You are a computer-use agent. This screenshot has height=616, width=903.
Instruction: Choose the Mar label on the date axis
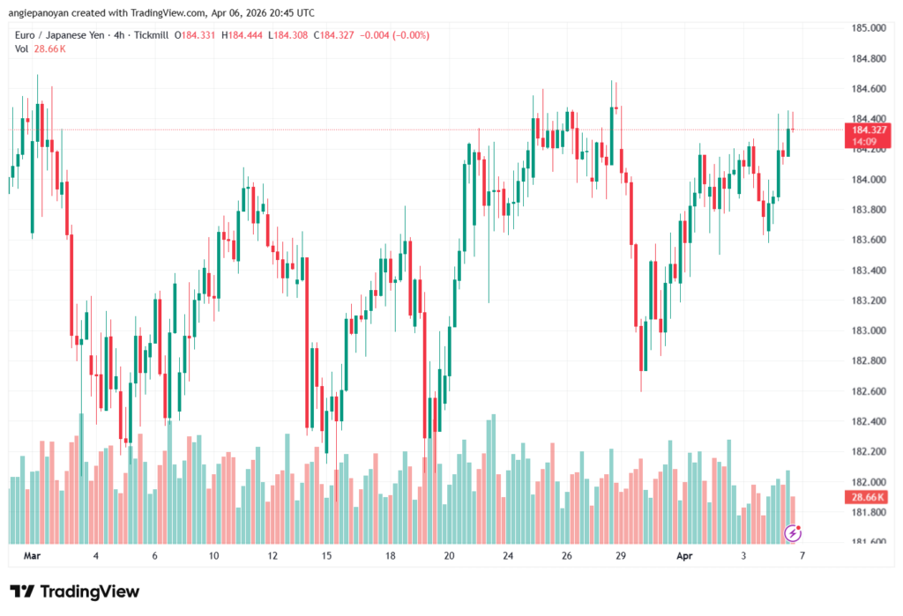pyautogui.click(x=33, y=556)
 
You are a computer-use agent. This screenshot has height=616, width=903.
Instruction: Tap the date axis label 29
pyautogui.click(x=621, y=556)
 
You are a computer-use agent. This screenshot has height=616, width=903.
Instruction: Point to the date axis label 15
pyautogui.click(x=326, y=556)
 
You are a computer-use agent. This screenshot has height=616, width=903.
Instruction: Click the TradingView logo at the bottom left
pyautogui.click(x=74, y=591)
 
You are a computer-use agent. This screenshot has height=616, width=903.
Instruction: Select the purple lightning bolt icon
pyautogui.click(x=794, y=532)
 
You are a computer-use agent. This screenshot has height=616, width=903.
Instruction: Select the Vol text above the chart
pyautogui.click(x=21, y=48)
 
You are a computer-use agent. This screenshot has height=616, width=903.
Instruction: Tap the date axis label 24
pyautogui.click(x=508, y=556)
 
